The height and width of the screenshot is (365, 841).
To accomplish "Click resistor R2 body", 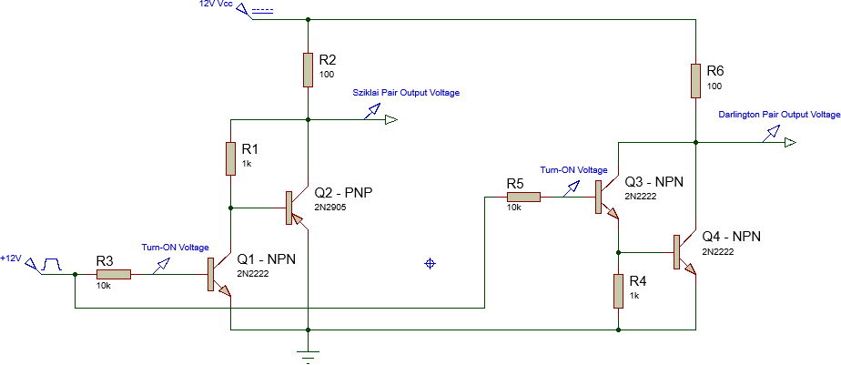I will click(309, 69).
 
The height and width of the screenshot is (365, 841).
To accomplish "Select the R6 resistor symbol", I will click(695, 80).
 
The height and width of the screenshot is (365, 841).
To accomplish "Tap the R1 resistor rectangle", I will click(231, 157).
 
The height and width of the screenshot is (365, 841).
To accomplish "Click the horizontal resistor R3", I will click(113, 273).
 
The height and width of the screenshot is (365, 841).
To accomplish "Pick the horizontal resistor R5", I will click(523, 196).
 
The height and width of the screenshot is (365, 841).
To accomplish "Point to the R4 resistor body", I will click(618, 291).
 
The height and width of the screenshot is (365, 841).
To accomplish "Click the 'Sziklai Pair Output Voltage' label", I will click(405, 93).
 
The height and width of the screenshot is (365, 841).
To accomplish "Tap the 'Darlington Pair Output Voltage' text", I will click(778, 115).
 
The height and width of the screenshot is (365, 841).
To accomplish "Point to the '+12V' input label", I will click(11, 259).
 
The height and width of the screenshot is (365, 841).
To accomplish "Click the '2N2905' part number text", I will click(330, 208).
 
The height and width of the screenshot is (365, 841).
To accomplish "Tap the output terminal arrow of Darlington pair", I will click(789, 143).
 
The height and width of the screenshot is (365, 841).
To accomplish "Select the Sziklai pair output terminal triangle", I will click(391, 120).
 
